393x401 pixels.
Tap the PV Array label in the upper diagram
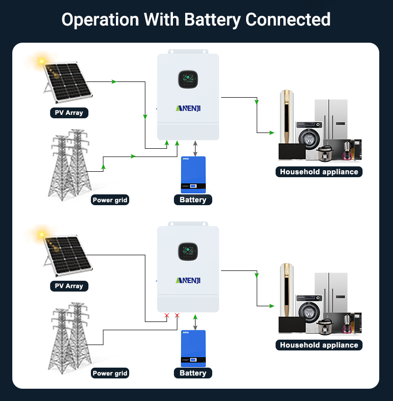[69, 113]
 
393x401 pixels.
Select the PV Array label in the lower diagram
[69, 286]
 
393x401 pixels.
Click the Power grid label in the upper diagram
[110, 200]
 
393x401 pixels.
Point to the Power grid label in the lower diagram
[110, 373]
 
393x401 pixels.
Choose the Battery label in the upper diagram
[193, 200]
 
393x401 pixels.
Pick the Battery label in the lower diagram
[193, 373]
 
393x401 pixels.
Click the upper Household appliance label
[319, 172]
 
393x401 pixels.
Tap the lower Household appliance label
[319, 345]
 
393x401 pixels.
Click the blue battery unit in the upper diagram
[193, 174]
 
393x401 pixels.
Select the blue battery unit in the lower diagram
[193, 348]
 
